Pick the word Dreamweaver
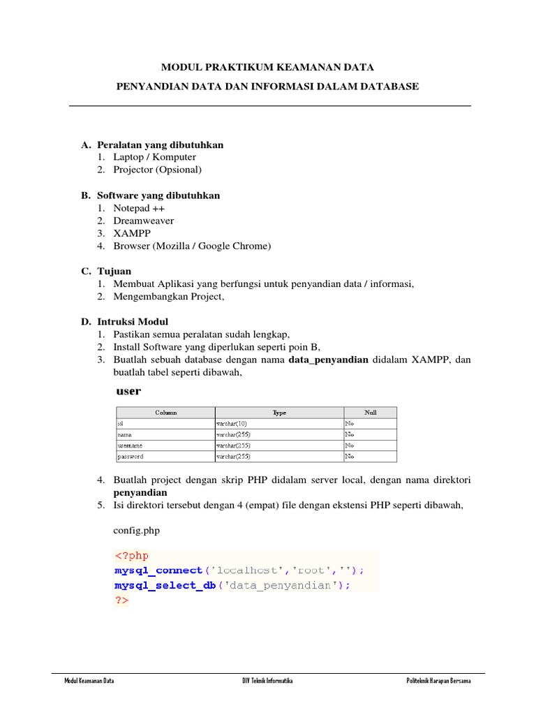pyautogui.click(x=143, y=221)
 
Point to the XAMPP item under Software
pyautogui.click(x=131, y=233)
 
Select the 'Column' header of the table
pyautogui.click(x=165, y=413)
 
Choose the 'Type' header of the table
pyautogui.click(x=279, y=413)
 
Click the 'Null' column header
pyautogui.click(x=370, y=413)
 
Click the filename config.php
pyautogui.click(x=136, y=531)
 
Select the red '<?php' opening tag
pyautogui.click(x=131, y=556)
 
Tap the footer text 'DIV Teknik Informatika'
pyautogui.click(x=262, y=681)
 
